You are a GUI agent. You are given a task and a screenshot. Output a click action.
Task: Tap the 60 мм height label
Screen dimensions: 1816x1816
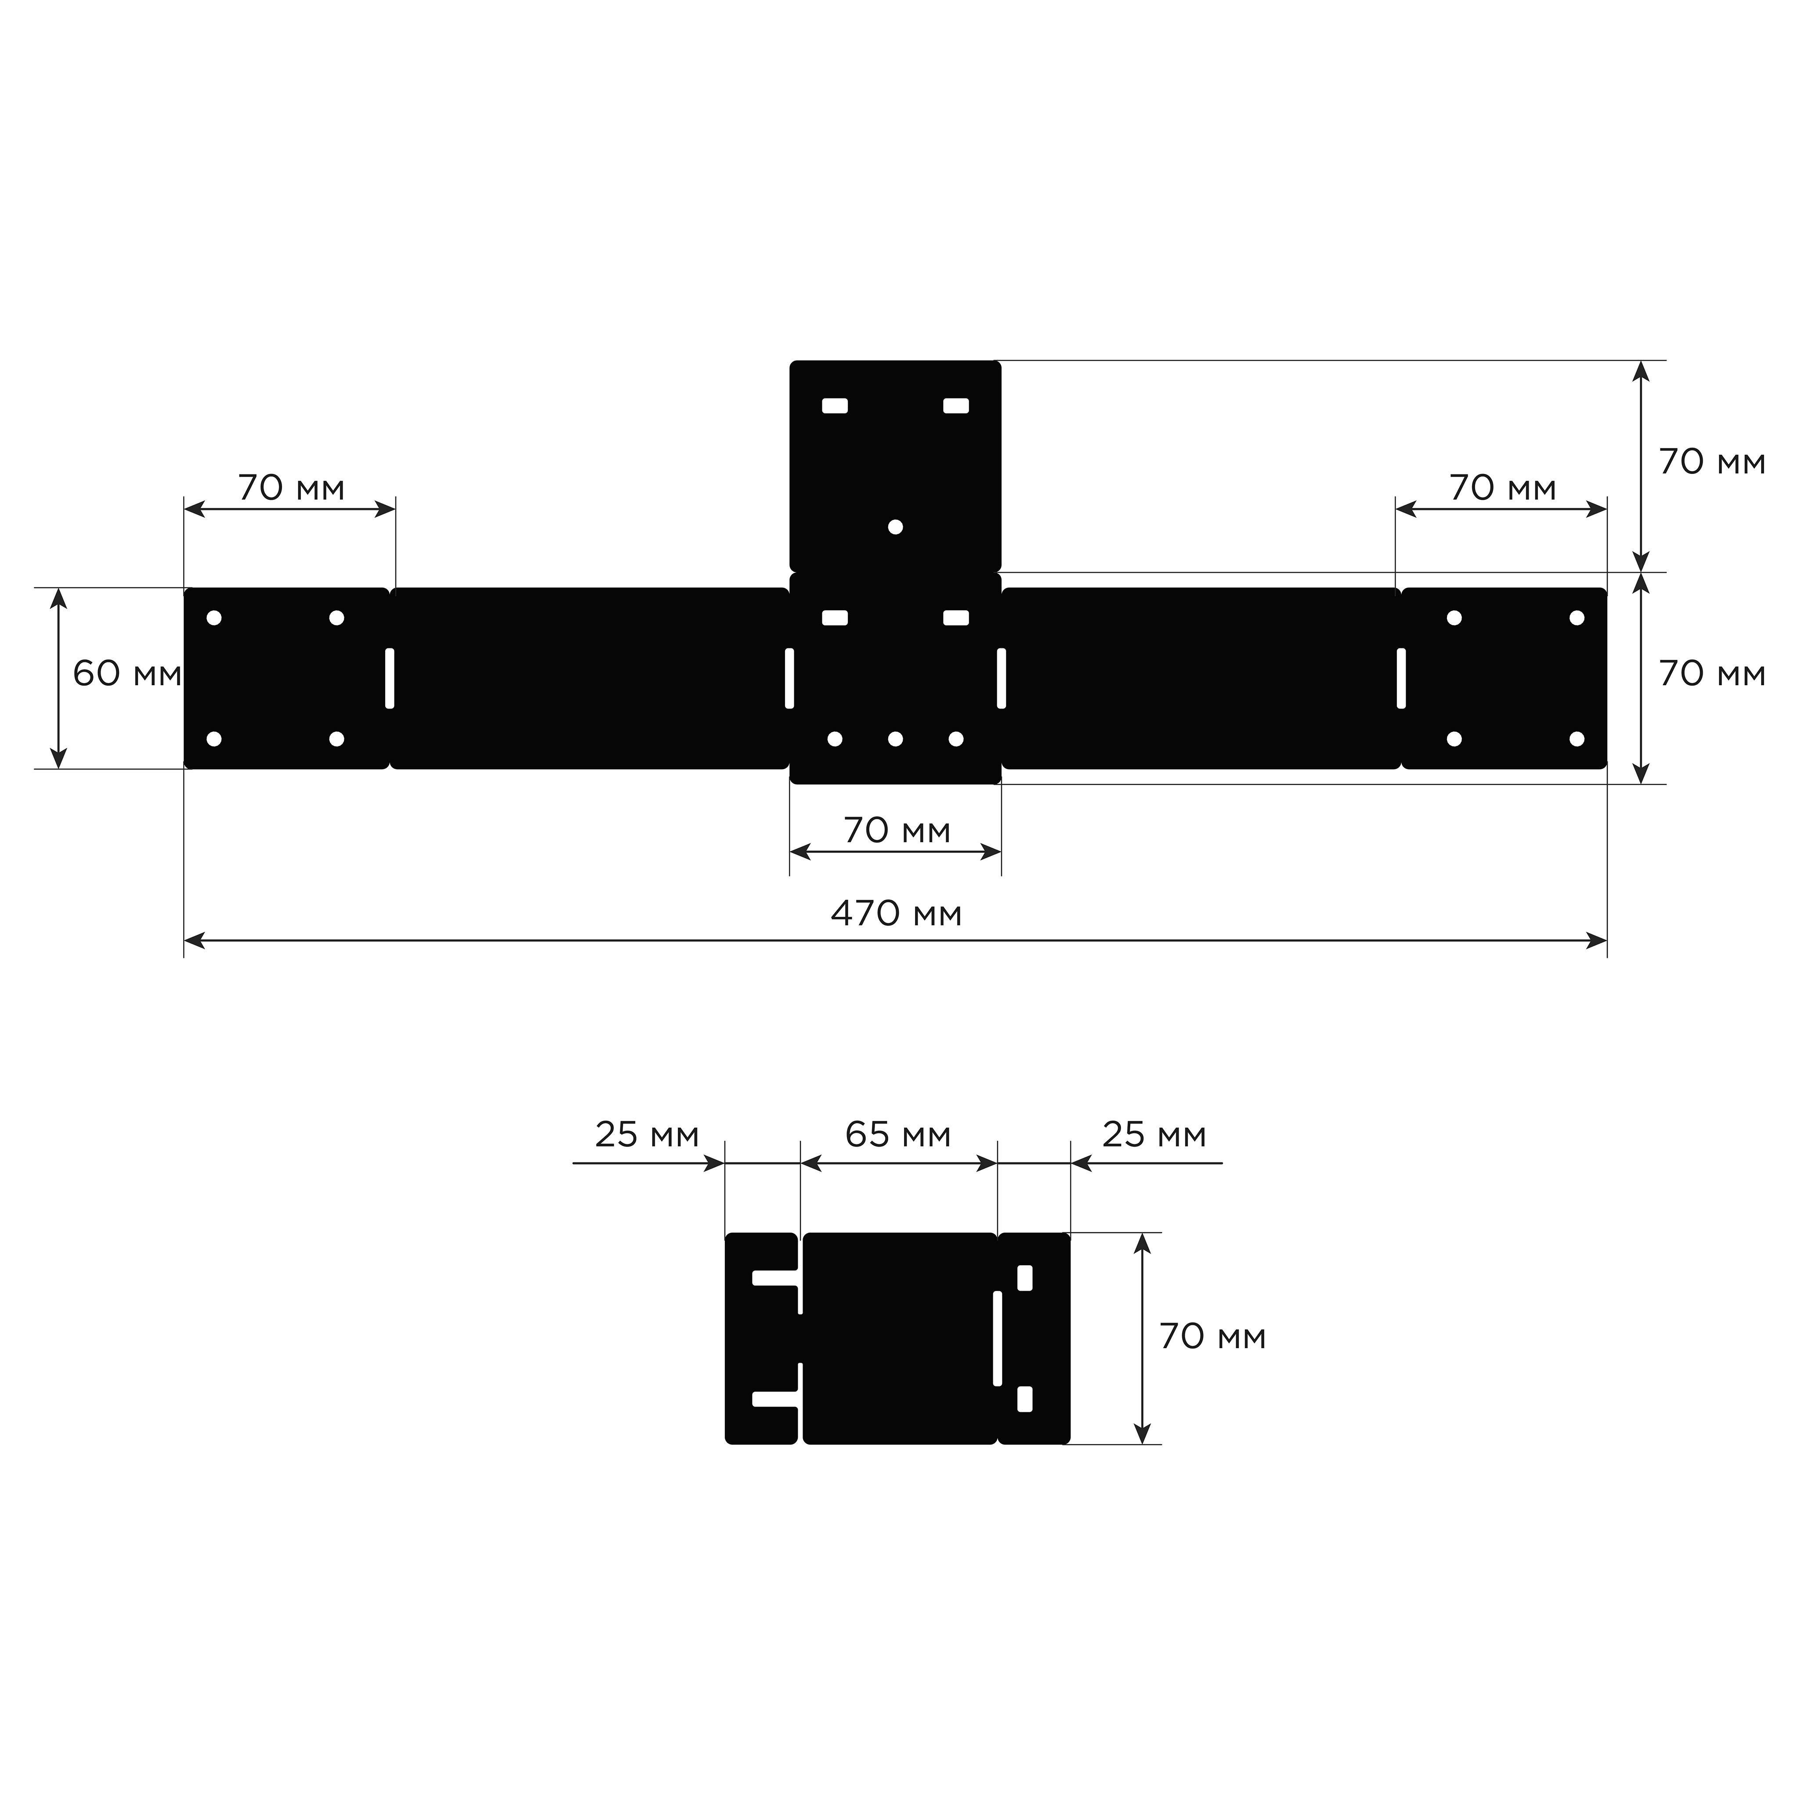127,674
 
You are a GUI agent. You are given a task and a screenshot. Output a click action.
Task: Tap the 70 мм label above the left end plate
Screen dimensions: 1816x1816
291,488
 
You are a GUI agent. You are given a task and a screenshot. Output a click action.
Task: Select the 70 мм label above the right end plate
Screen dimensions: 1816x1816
1503,488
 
